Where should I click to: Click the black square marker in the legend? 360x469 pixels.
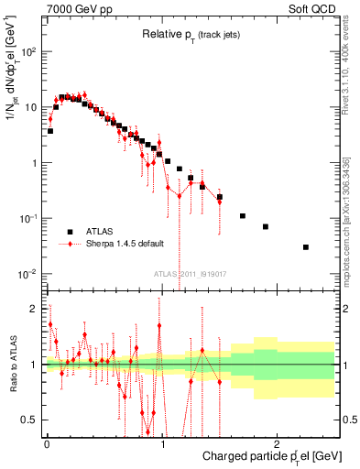[x=70, y=231]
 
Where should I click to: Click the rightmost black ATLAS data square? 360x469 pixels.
[x=306, y=247]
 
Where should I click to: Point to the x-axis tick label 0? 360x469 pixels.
[x=47, y=443]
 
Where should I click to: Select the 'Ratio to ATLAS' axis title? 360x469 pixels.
[x=11, y=364]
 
